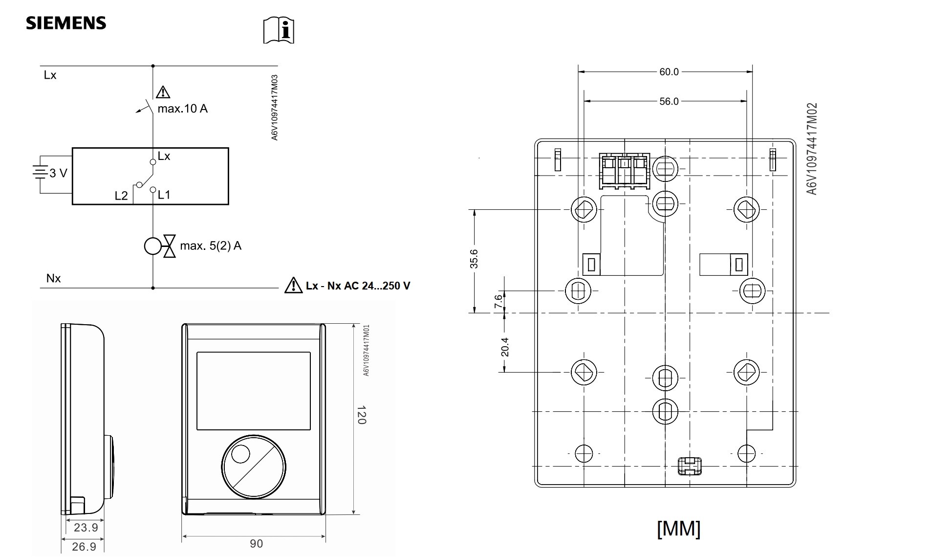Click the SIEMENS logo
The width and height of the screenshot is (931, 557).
tap(66, 23)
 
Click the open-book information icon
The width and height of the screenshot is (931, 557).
tap(279, 30)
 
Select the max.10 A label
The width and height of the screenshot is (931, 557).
tap(182, 109)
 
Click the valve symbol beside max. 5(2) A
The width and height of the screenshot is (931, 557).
tap(169, 246)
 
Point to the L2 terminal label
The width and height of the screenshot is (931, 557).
tap(121, 196)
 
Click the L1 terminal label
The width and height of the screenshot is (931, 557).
tap(164, 195)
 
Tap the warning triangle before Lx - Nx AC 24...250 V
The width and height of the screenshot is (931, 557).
tap(293, 285)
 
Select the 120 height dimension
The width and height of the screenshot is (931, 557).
tap(361, 415)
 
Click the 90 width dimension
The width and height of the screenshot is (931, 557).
tap(256, 543)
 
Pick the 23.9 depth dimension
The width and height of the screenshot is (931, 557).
tap(86, 528)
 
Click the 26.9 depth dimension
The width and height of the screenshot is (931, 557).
tap(84, 546)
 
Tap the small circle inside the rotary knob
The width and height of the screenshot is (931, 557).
tap(240, 454)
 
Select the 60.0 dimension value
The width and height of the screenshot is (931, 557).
tap(669, 72)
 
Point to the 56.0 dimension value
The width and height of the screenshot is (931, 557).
tap(669, 101)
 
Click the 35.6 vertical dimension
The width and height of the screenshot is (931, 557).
tap(474, 259)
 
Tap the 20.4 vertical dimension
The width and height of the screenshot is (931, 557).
tap(505, 347)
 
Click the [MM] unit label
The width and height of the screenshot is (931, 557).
tap(679, 529)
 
